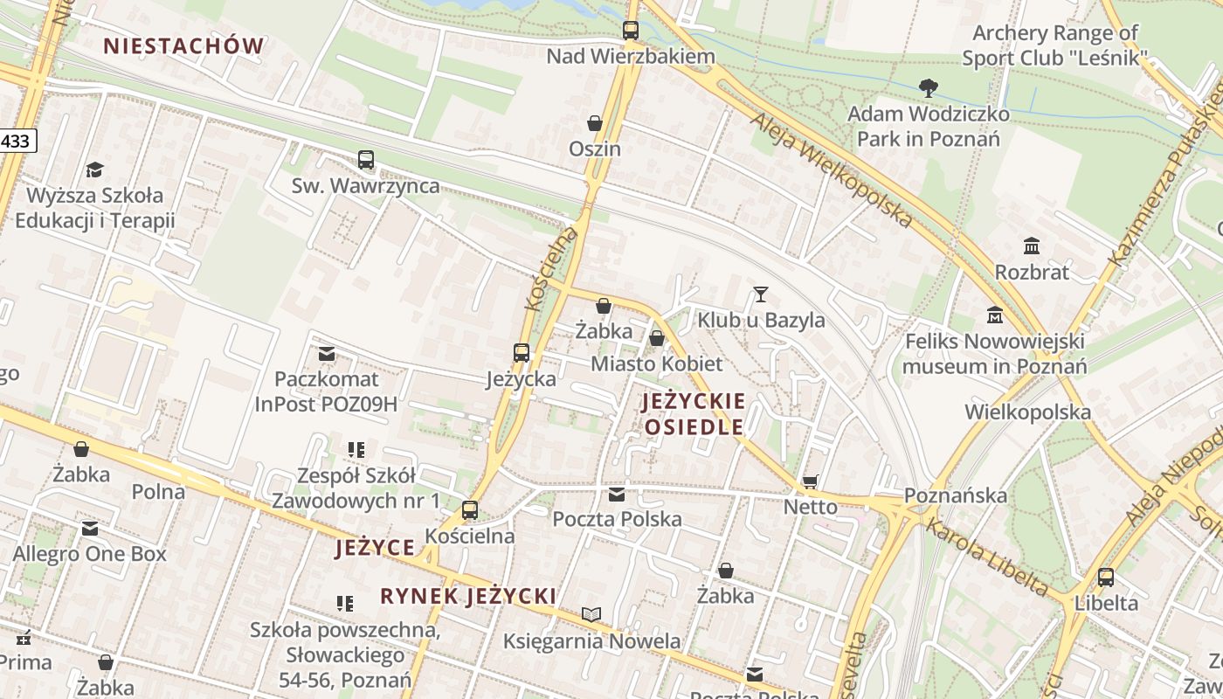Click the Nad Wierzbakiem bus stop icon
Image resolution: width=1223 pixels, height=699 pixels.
click(x=631, y=31)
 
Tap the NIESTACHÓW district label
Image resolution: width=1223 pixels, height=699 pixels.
click(x=183, y=46)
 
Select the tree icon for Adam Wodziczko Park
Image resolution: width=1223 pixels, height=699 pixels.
click(x=929, y=87)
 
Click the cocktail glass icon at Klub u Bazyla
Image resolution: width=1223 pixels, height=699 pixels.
click(x=761, y=294)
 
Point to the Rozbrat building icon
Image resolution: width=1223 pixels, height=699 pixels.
click(x=1032, y=246)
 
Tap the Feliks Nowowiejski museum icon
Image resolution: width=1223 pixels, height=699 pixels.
click(x=994, y=315)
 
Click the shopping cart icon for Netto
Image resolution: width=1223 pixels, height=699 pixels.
click(x=811, y=481)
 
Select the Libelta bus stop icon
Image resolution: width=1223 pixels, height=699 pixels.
click(x=1106, y=577)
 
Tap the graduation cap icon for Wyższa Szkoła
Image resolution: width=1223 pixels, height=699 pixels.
click(x=94, y=170)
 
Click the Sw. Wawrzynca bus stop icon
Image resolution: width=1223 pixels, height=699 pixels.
click(x=366, y=160)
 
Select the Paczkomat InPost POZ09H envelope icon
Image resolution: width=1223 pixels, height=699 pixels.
click(x=327, y=354)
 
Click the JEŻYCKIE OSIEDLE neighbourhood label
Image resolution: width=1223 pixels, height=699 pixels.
click(x=694, y=414)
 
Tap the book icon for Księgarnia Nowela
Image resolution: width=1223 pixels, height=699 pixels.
click(x=591, y=615)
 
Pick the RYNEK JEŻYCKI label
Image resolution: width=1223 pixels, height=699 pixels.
click(x=468, y=596)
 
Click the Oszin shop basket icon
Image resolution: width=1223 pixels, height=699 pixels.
click(x=595, y=123)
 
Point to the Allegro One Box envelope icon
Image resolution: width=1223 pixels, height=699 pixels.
click(x=90, y=529)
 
